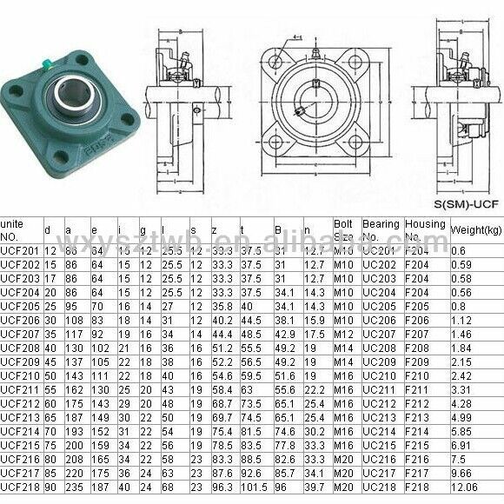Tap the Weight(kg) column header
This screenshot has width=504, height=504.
[476, 229]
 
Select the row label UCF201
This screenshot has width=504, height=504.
[21, 250]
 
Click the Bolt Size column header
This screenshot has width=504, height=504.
[345, 229]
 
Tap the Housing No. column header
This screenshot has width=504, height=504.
[425, 229]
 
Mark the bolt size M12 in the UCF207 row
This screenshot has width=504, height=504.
[344, 335]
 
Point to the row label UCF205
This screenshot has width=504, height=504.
[21, 307]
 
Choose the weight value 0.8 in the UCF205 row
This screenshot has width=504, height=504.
[458, 307]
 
